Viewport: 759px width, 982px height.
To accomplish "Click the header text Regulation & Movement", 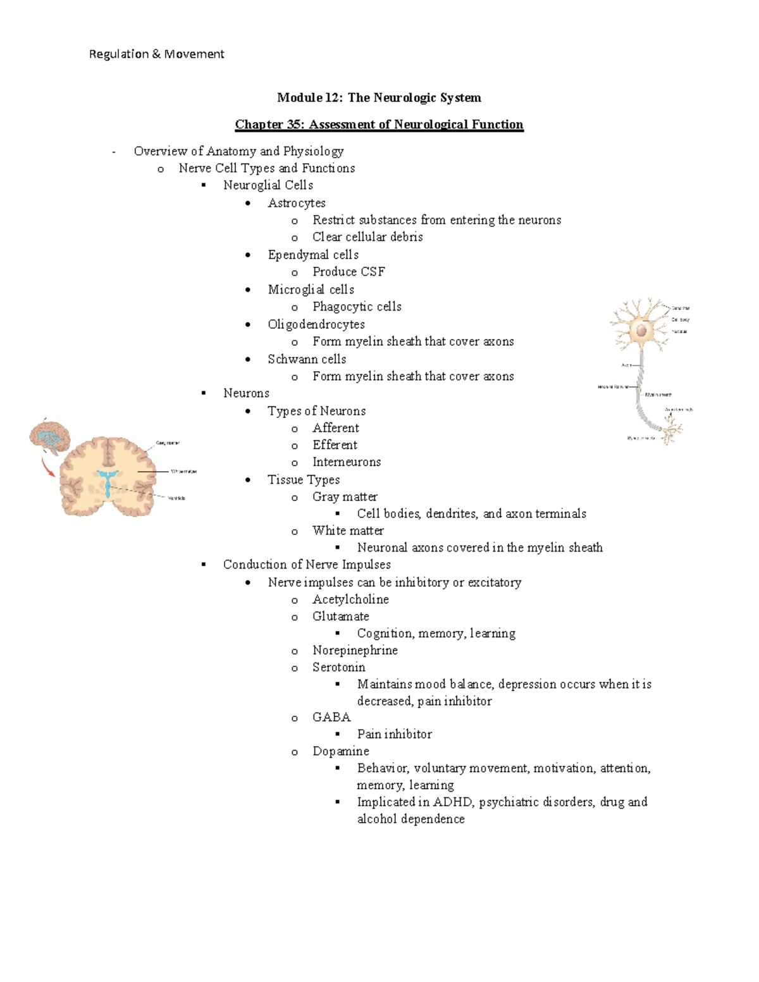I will click(x=156, y=54).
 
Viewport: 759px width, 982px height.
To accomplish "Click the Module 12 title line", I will click(x=379, y=97).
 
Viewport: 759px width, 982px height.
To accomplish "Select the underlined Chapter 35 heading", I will click(x=379, y=125).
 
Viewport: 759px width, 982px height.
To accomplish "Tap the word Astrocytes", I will click(x=297, y=203).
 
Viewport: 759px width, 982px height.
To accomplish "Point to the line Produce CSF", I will click(x=349, y=272).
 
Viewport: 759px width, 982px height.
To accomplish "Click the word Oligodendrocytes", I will click(x=316, y=324).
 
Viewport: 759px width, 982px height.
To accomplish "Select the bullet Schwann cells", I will click(x=307, y=359).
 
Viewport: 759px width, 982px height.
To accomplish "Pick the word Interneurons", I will click(x=347, y=462).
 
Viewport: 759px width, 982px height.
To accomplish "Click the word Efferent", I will click(x=335, y=445).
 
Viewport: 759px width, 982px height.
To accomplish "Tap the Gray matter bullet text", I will click(x=345, y=497).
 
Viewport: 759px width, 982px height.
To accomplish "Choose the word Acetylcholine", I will click(x=350, y=599).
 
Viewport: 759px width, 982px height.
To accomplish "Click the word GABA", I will click(x=331, y=717).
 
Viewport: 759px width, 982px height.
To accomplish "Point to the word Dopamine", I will click(x=340, y=751).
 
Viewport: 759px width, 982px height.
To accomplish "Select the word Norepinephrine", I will click(x=355, y=651).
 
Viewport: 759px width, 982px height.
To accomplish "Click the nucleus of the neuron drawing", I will click(x=642, y=329).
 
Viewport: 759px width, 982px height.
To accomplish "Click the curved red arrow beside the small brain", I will click(x=47, y=469).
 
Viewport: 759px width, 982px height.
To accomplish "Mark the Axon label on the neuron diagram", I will click(x=627, y=365).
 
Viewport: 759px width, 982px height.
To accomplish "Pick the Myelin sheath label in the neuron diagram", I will click(x=658, y=395).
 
